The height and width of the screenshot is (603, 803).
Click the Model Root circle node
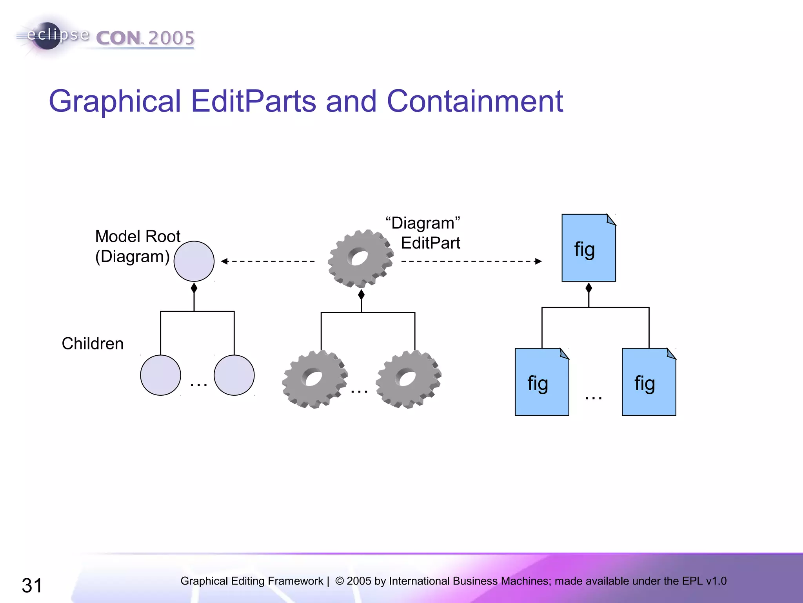pyautogui.click(x=194, y=261)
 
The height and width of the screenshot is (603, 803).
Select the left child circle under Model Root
pyautogui.click(x=160, y=375)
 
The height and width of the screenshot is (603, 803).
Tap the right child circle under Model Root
pyautogui.click(x=234, y=375)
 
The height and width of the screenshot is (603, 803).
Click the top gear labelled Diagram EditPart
pyautogui.click(x=360, y=259)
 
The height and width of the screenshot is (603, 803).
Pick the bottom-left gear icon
pyautogui.click(x=314, y=379)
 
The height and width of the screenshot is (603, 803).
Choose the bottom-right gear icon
pyautogui.click(x=408, y=379)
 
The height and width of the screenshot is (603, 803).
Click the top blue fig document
pyautogui.click(x=589, y=248)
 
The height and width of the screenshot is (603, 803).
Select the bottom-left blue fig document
pyautogui.click(x=542, y=382)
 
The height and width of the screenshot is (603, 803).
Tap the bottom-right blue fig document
pyautogui.click(x=649, y=382)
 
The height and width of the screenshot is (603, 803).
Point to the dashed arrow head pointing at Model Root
pyautogui.click(x=224, y=261)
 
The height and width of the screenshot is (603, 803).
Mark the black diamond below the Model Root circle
pyautogui.click(x=194, y=289)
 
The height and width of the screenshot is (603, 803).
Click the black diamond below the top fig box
pyautogui.click(x=589, y=288)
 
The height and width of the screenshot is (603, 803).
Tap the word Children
pyautogui.click(x=93, y=344)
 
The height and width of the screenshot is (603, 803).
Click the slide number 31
pyautogui.click(x=32, y=585)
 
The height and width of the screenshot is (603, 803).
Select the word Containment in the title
pyautogui.click(x=475, y=101)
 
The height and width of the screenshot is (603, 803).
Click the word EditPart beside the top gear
pyautogui.click(x=431, y=243)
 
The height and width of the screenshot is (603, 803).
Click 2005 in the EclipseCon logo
pyautogui.click(x=171, y=38)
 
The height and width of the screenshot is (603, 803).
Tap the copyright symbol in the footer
pyautogui.click(x=340, y=581)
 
